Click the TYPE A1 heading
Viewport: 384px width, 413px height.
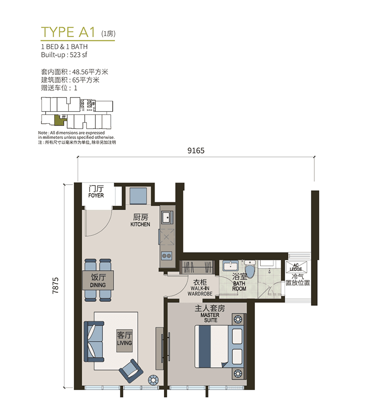[68, 32]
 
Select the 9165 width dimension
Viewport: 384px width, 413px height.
[196, 151]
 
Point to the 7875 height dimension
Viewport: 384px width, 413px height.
[55, 286]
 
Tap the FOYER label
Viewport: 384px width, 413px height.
[96, 195]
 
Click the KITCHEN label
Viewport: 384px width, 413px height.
[140, 224]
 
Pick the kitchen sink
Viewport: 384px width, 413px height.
[167, 217]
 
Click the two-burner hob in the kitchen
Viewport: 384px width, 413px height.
[167, 255]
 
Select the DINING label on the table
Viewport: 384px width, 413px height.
[98, 285]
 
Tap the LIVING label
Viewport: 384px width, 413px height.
[124, 343]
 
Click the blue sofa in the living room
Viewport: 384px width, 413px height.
[94, 341]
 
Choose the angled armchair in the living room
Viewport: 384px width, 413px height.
[131, 371]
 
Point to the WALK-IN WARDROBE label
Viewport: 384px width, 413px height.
[200, 291]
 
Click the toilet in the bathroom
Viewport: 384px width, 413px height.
[249, 269]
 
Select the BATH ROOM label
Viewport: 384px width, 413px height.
[239, 286]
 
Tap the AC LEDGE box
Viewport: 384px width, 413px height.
[296, 267]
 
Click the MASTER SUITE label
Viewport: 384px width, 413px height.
[210, 318]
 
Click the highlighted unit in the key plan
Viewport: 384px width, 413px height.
[59, 120]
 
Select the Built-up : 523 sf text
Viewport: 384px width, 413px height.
[64, 55]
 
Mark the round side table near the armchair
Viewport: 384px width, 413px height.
[153, 380]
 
